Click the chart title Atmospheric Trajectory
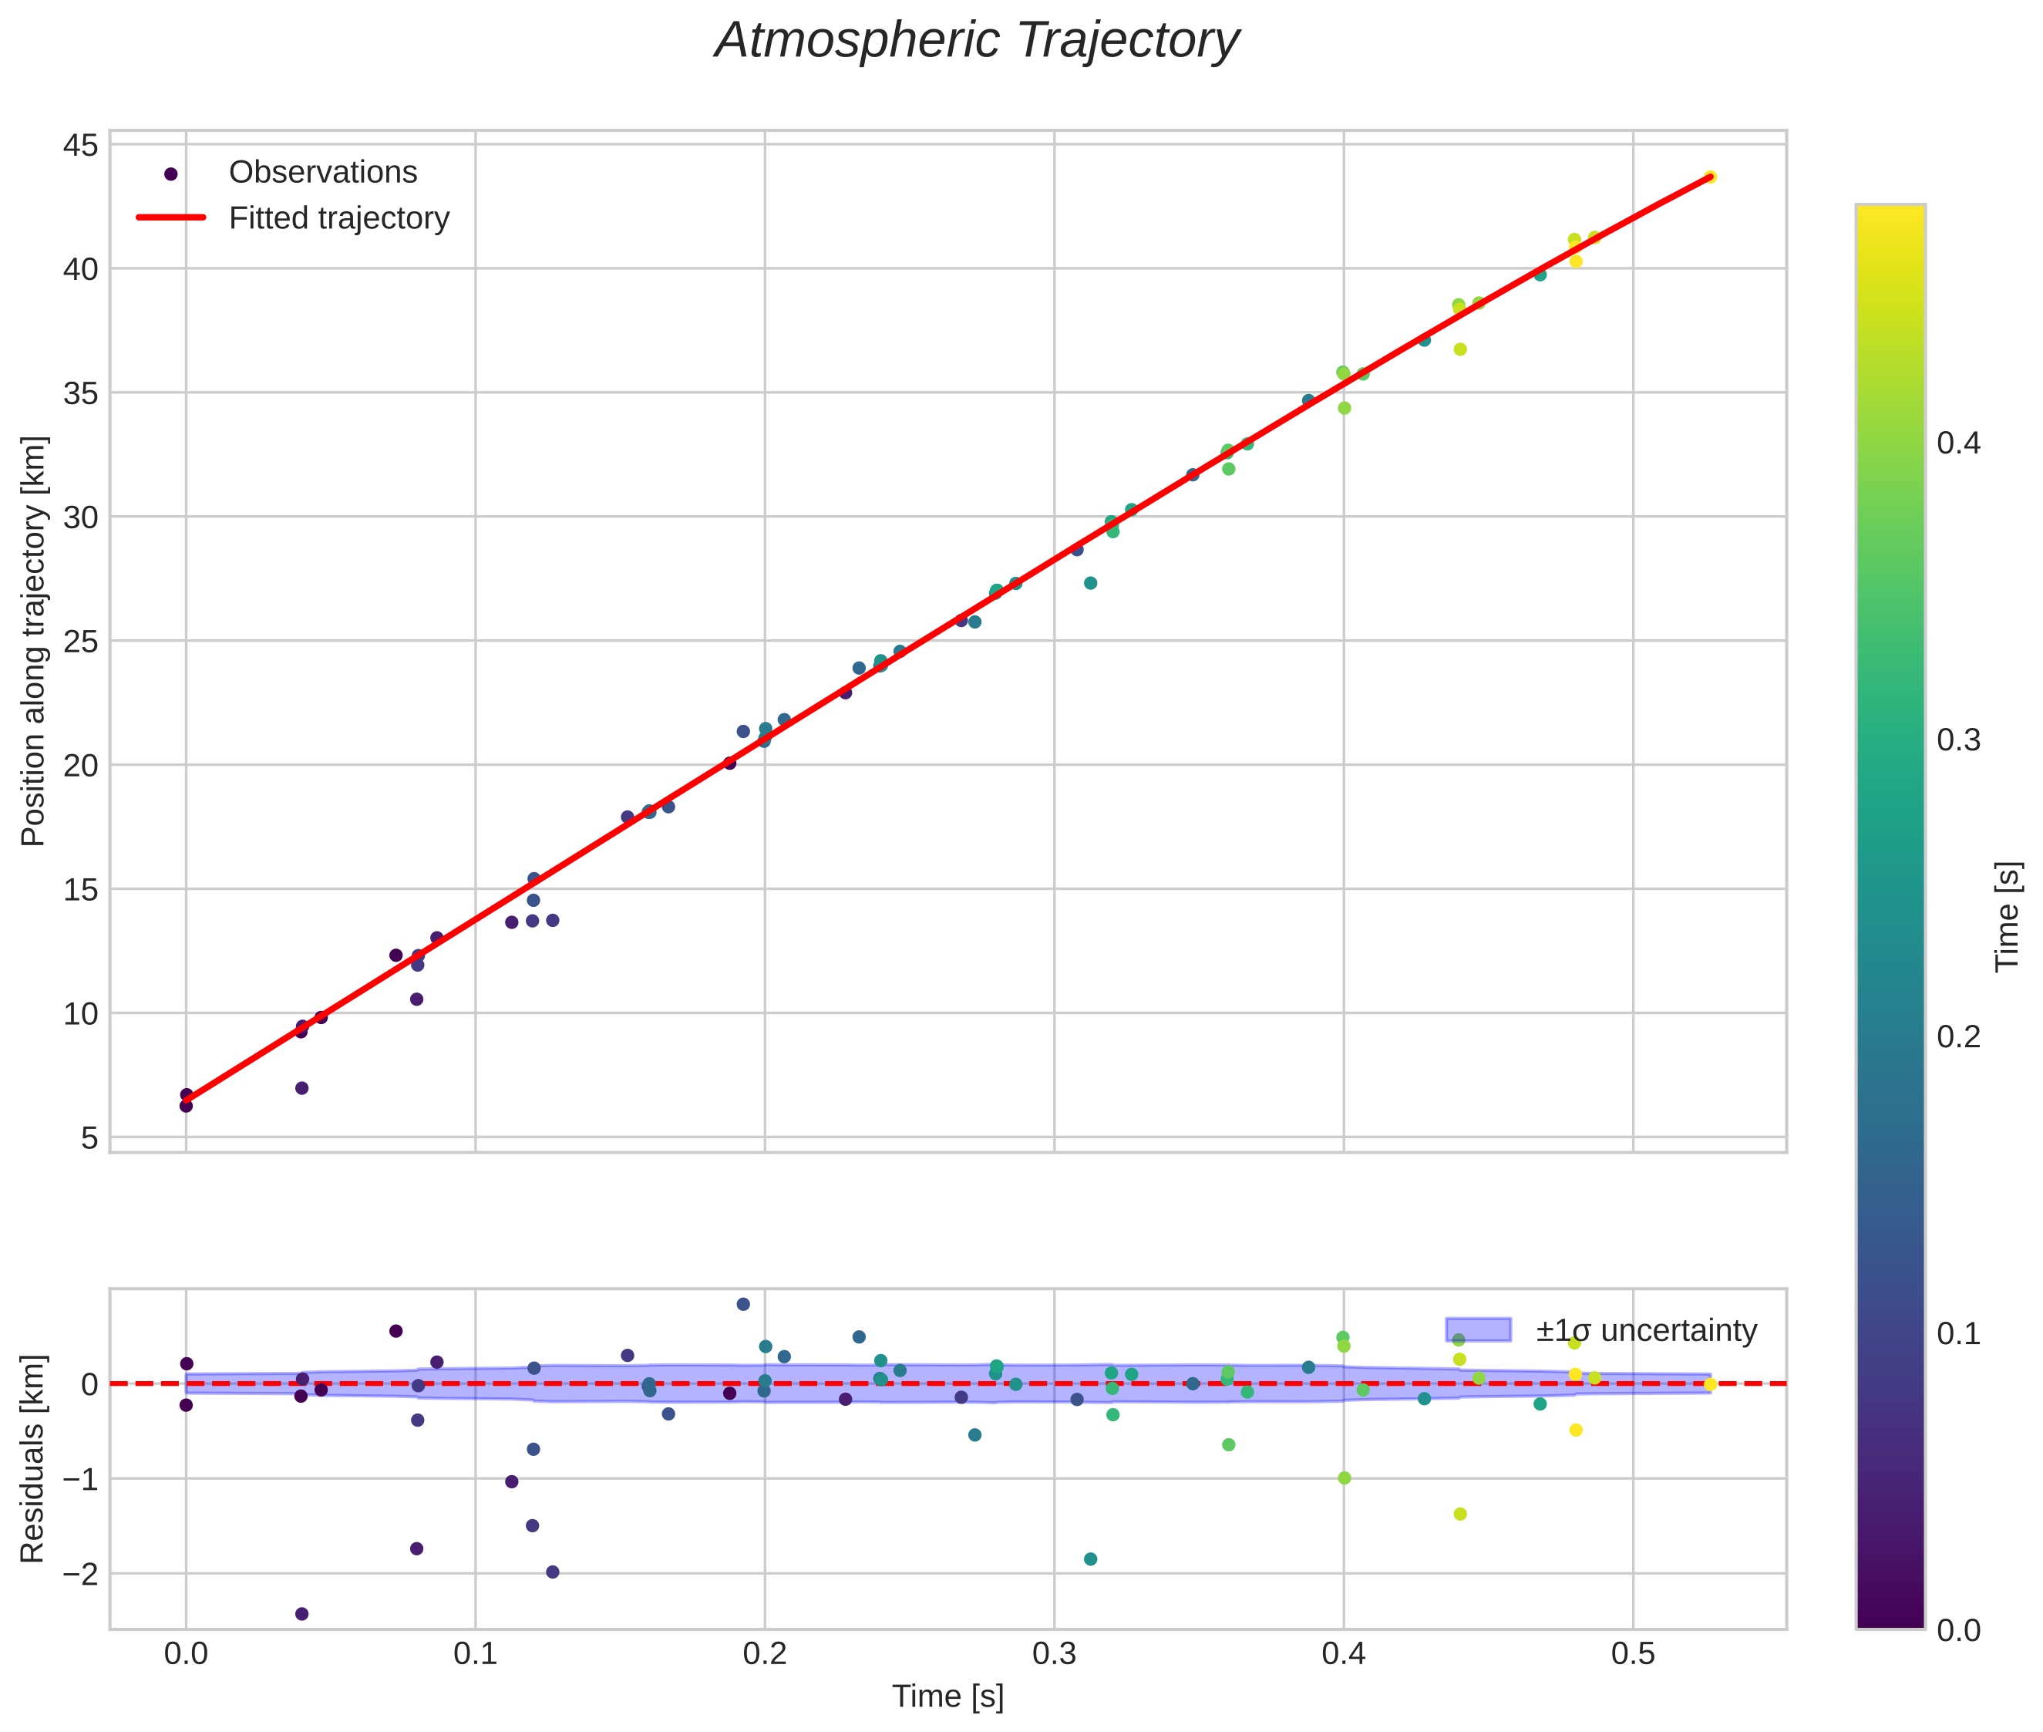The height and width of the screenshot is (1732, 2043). pos(977,41)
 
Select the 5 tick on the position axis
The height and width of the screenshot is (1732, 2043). pos(89,1138)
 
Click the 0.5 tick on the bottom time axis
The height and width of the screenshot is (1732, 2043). pos(1633,1654)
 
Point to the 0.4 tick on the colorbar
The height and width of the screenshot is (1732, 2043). pos(1958,443)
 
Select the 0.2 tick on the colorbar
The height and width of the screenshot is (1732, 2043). pos(1958,1037)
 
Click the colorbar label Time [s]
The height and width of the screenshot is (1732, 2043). pos(2008,916)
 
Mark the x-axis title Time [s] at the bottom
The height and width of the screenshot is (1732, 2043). pos(947,1697)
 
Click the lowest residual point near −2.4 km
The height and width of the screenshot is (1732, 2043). pos(301,1614)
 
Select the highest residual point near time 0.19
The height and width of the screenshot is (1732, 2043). pos(743,1304)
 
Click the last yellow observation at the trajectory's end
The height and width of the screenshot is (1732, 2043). pos(1709,177)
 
